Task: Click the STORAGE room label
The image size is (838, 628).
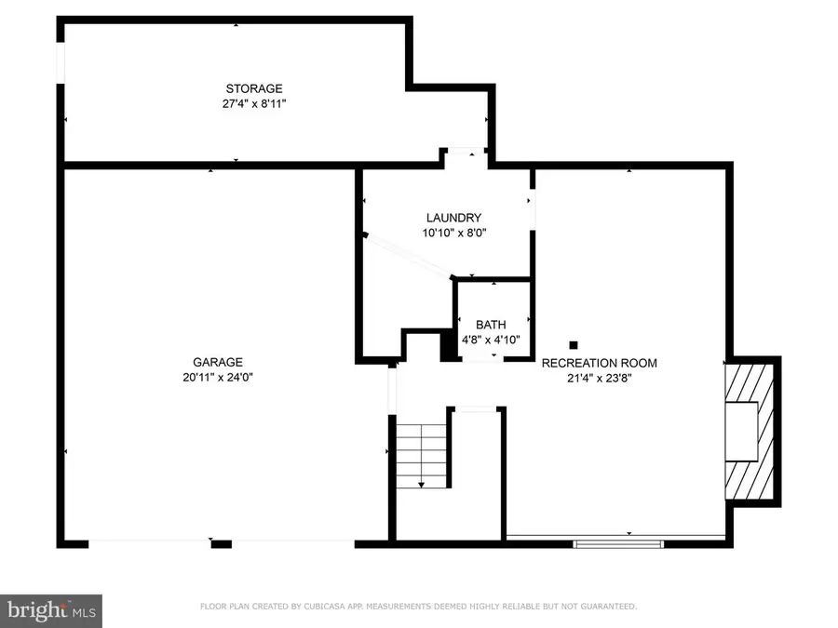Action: tap(247, 89)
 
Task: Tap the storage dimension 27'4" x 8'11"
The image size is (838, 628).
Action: tap(247, 105)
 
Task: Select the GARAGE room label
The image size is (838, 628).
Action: tap(218, 362)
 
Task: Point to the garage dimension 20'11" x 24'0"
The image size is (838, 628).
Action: tap(218, 378)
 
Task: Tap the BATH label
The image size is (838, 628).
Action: tap(491, 325)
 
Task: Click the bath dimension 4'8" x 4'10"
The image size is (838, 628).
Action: tap(491, 341)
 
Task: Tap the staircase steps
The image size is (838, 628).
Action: tap(422, 454)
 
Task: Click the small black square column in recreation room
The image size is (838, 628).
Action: tap(574, 344)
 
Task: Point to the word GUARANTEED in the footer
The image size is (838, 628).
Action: tap(606, 607)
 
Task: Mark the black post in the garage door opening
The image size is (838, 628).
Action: tap(221, 542)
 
